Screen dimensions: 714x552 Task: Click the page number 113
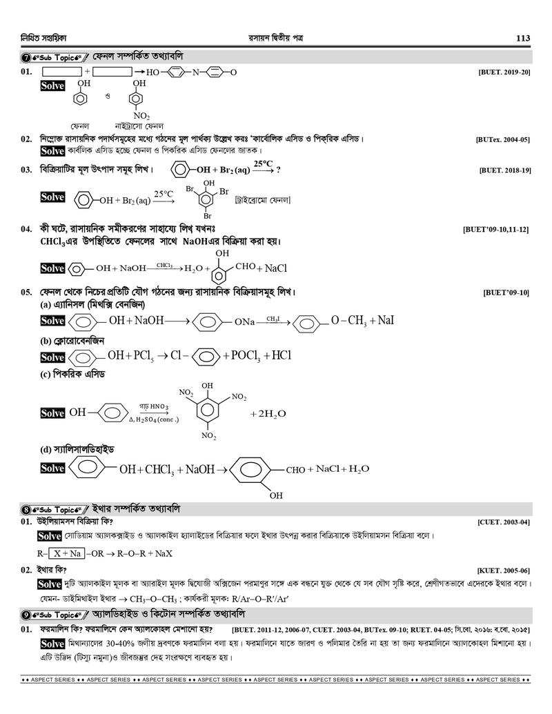click(522, 39)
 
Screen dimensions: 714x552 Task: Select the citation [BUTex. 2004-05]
click(502, 139)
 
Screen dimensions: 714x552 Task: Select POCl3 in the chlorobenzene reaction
click(243, 356)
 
